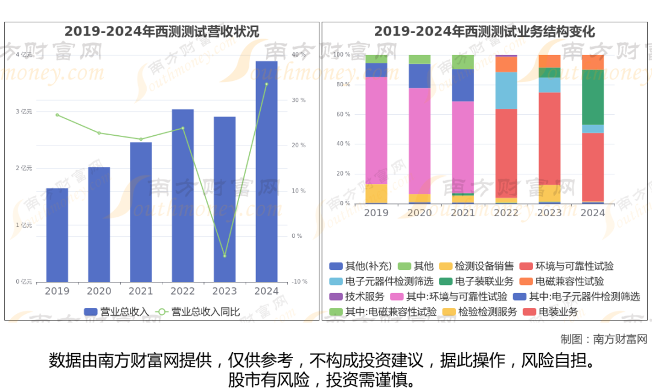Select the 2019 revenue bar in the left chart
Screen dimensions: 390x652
point(57,235)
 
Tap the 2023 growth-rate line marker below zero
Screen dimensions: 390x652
point(225,256)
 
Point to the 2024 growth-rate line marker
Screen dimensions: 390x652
point(266,84)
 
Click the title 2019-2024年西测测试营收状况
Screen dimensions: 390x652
point(162,31)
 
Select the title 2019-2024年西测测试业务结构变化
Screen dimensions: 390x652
point(484,31)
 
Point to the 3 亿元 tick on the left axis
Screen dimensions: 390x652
point(24,112)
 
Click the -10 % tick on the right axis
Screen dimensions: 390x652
point(299,282)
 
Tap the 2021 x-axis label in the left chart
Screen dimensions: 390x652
point(141,291)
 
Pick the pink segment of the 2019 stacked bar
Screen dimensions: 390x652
point(376,130)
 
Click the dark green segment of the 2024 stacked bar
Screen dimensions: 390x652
point(592,97)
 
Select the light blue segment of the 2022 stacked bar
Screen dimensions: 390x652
point(506,91)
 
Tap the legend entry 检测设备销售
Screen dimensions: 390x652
point(477,266)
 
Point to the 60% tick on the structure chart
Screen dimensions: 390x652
point(342,114)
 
